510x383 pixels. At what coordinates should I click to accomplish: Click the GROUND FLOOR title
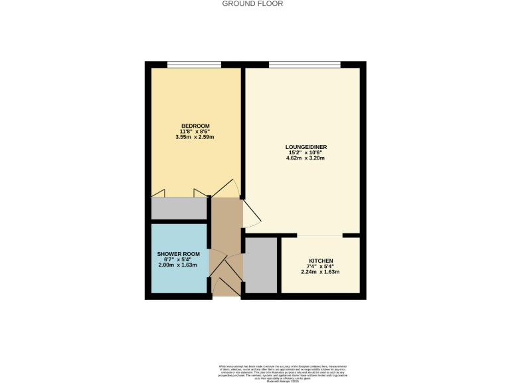tap(252, 4)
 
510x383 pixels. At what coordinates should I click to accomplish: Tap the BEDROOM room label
tap(195, 126)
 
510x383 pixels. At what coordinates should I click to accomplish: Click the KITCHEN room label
tap(321, 261)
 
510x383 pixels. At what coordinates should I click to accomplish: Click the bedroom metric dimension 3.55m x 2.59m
tap(195, 138)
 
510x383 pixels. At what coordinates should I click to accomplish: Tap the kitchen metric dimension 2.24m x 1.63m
tap(321, 272)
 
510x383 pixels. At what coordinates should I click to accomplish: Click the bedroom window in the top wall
tap(194, 64)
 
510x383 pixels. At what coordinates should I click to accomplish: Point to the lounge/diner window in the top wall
tap(305, 64)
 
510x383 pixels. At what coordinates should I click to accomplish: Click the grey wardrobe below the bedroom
tap(179, 209)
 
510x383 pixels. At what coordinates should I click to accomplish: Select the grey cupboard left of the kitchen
tap(261, 264)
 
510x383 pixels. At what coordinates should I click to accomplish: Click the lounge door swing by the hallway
tap(252, 214)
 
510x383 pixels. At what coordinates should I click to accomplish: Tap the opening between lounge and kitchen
tap(319, 235)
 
